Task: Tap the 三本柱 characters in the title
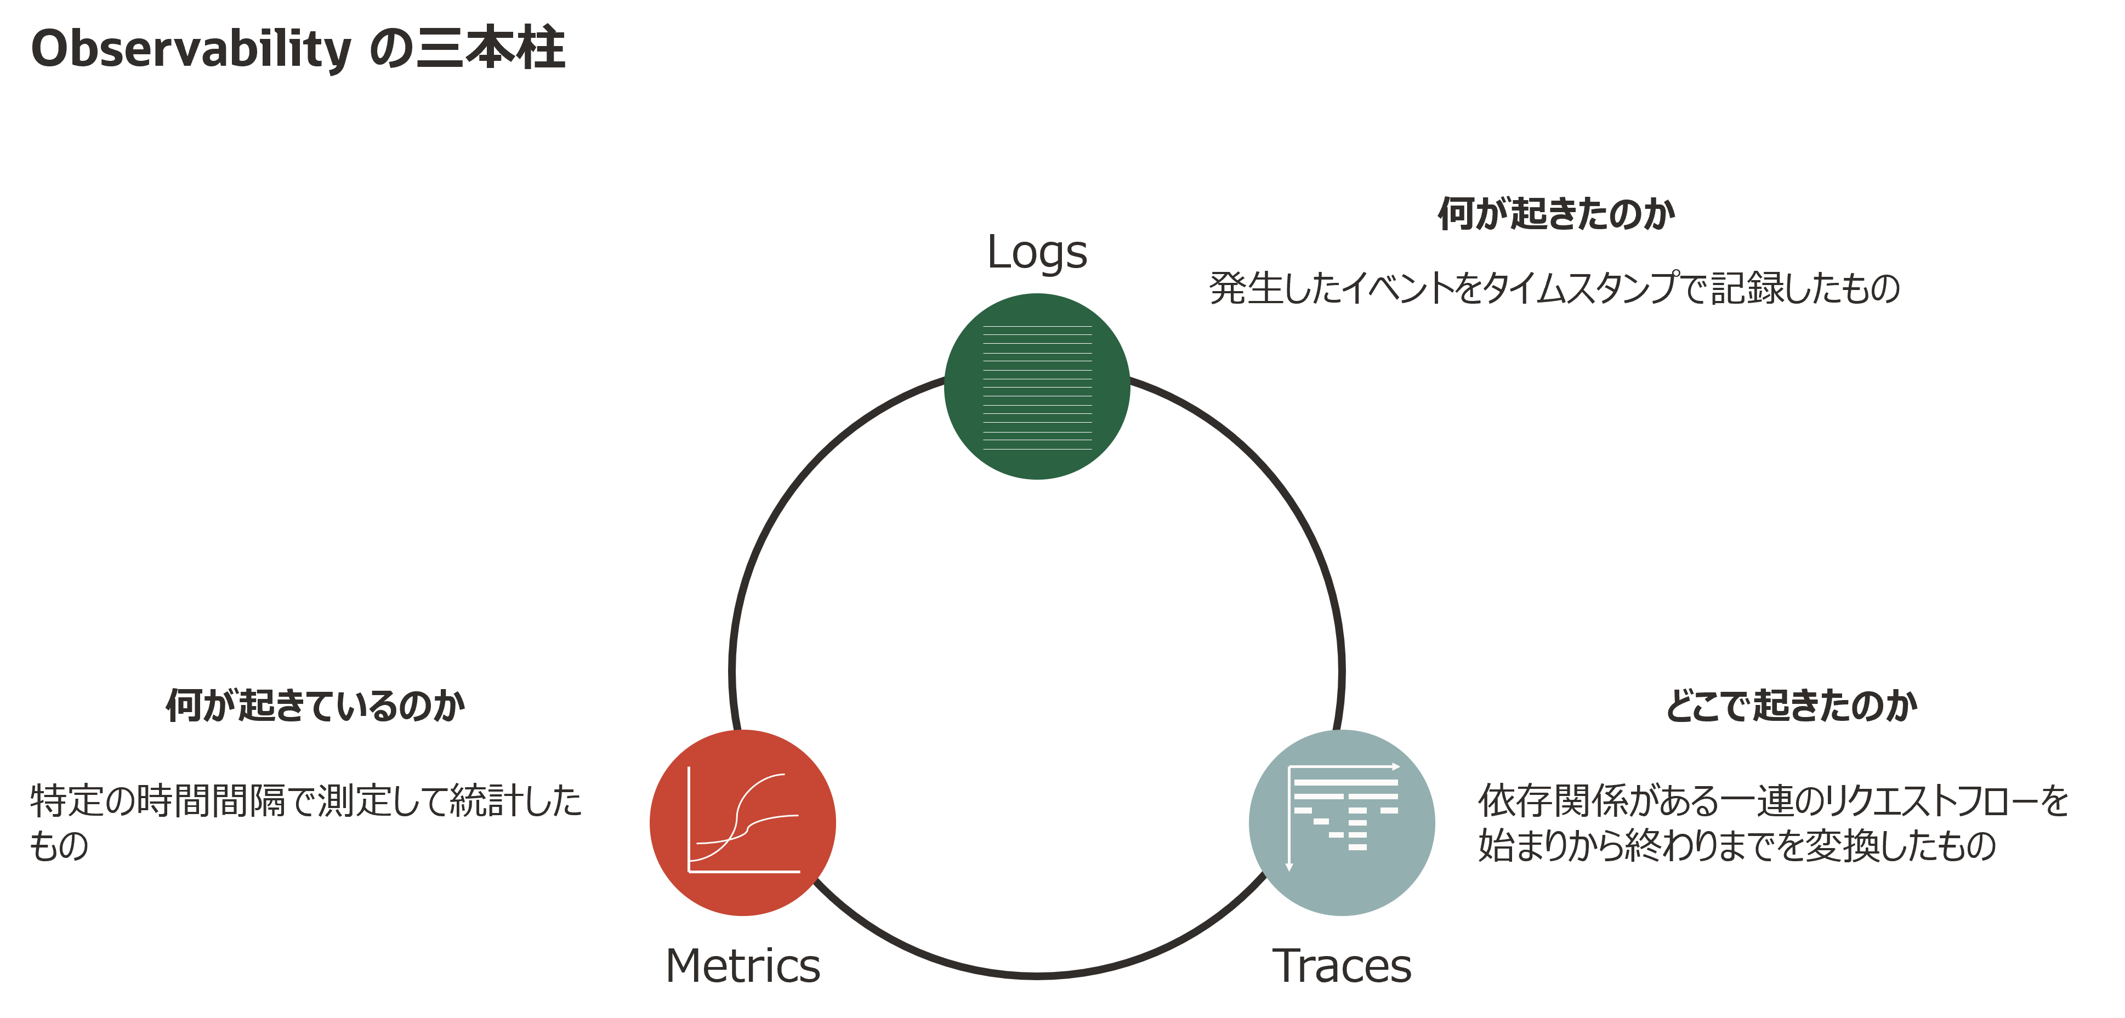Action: click(x=492, y=48)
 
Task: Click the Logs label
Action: click(x=1037, y=252)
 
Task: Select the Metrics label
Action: click(x=742, y=965)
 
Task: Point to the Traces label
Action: click(x=1342, y=965)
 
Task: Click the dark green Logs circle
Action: click(x=1037, y=386)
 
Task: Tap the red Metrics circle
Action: click(x=742, y=822)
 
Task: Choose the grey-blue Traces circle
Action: click(x=1342, y=822)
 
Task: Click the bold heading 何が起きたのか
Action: click(x=1556, y=214)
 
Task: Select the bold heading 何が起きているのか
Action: click(x=315, y=706)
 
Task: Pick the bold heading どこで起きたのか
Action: click(x=1791, y=706)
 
